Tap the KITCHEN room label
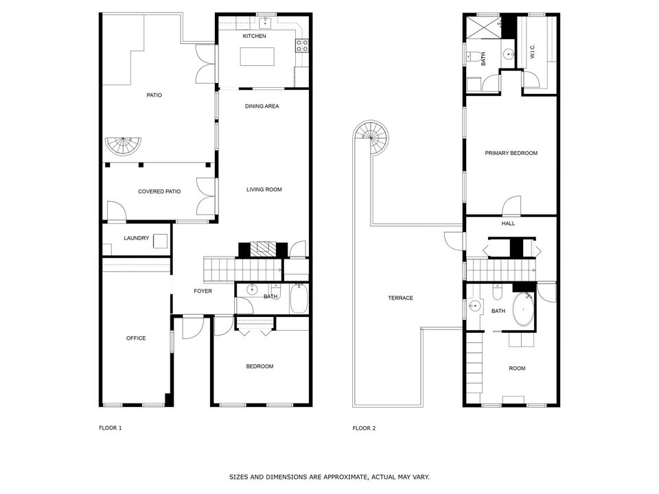pyautogui.click(x=254, y=36)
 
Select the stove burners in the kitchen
pyautogui.click(x=301, y=46)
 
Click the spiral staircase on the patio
pyautogui.click(x=123, y=145)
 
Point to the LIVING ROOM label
pyautogui.click(x=264, y=189)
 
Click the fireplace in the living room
pyautogui.click(x=262, y=249)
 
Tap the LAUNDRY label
pyautogui.click(x=136, y=238)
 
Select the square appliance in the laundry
pyautogui.click(x=160, y=241)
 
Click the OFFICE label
pyautogui.click(x=136, y=338)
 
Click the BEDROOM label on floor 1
pyautogui.click(x=259, y=366)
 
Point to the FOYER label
pyautogui.click(x=203, y=291)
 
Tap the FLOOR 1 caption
pyautogui.click(x=111, y=428)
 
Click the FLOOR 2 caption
pyautogui.click(x=364, y=428)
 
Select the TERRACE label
pyautogui.click(x=400, y=298)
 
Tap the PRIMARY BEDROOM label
pyautogui.click(x=511, y=153)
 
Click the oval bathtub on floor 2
pyautogui.click(x=523, y=309)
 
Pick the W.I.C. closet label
pyautogui.click(x=532, y=52)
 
